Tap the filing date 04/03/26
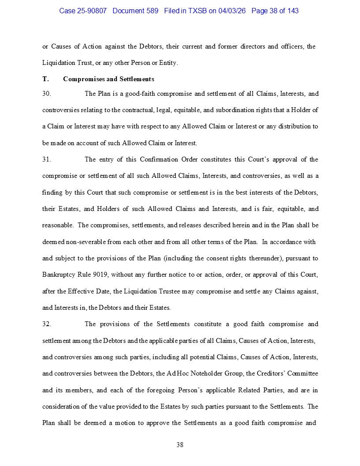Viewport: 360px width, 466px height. click(233, 11)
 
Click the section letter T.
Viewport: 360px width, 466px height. click(45, 79)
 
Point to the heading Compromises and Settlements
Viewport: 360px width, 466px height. click(109, 79)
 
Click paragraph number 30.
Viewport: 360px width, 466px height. click(46, 94)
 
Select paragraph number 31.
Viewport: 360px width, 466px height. click(46, 159)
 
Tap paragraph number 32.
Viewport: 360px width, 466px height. click(46, 324)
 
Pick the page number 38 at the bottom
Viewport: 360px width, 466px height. click(180, 445)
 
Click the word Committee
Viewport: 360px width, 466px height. click(302, 373)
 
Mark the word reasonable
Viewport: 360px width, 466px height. click(58, 225)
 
